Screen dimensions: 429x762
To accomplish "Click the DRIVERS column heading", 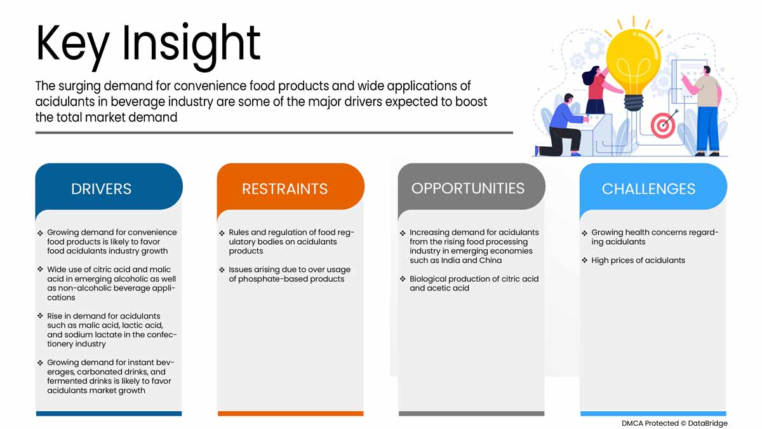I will (x=102, y=189).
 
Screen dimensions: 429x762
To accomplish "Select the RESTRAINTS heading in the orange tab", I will (x=284, y=189).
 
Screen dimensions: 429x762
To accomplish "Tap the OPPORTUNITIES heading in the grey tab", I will (x=468, y=188).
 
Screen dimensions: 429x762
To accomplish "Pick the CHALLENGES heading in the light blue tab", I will (x=648, y=189).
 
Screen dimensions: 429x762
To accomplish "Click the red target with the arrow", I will (x=663, y=125).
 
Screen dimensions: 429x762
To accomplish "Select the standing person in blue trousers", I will (x=705, y=114).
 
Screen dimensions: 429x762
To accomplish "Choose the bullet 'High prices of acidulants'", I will (x=638, y=261).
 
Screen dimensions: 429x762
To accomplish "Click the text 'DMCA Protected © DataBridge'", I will (x=674, y=423).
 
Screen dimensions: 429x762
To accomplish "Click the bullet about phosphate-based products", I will (x=289, y=275).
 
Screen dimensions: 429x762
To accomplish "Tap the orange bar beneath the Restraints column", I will (x=290, y=414).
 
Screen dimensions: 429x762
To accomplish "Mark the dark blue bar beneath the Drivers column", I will (x=109, y=414).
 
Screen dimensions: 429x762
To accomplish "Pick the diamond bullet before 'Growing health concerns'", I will (x=585, y=233).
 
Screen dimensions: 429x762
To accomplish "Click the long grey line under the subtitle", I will (x=274, y=133).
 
